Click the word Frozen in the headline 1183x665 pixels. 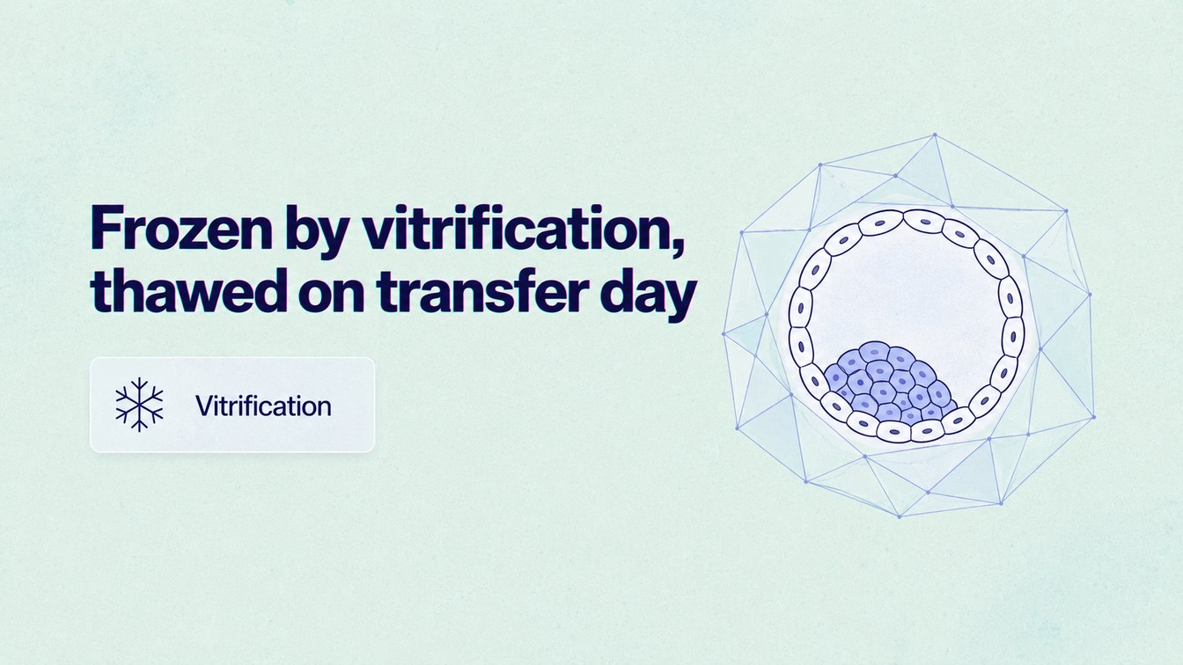[x=181, y=228]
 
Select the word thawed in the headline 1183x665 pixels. [x=188, y=290]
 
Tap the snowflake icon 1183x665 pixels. [x=139, y=405]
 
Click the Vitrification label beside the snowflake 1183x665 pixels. [x=263, y=406]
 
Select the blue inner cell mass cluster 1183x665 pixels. [x=889, y=382]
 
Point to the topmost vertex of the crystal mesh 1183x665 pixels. [x=935, y=135]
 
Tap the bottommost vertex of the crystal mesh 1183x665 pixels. [x=900, y=516]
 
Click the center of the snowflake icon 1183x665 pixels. [x=139, y=405]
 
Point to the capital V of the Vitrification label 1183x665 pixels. [x=205, y=406]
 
